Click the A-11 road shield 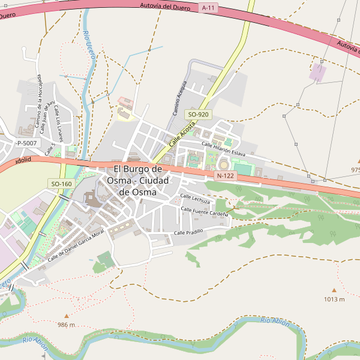[208, 8]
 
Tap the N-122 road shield [225, 175]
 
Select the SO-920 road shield [198, 114]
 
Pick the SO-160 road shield [61, 184]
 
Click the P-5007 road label [26, 143]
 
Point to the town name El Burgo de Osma [137, 180]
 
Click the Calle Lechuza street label [195, 198]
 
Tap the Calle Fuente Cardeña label [205, 212]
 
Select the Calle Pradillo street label [188, 232]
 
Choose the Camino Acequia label [180, 98]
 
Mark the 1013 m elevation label [334, 299]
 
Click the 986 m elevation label [66, 325]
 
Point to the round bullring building [224, 165]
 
